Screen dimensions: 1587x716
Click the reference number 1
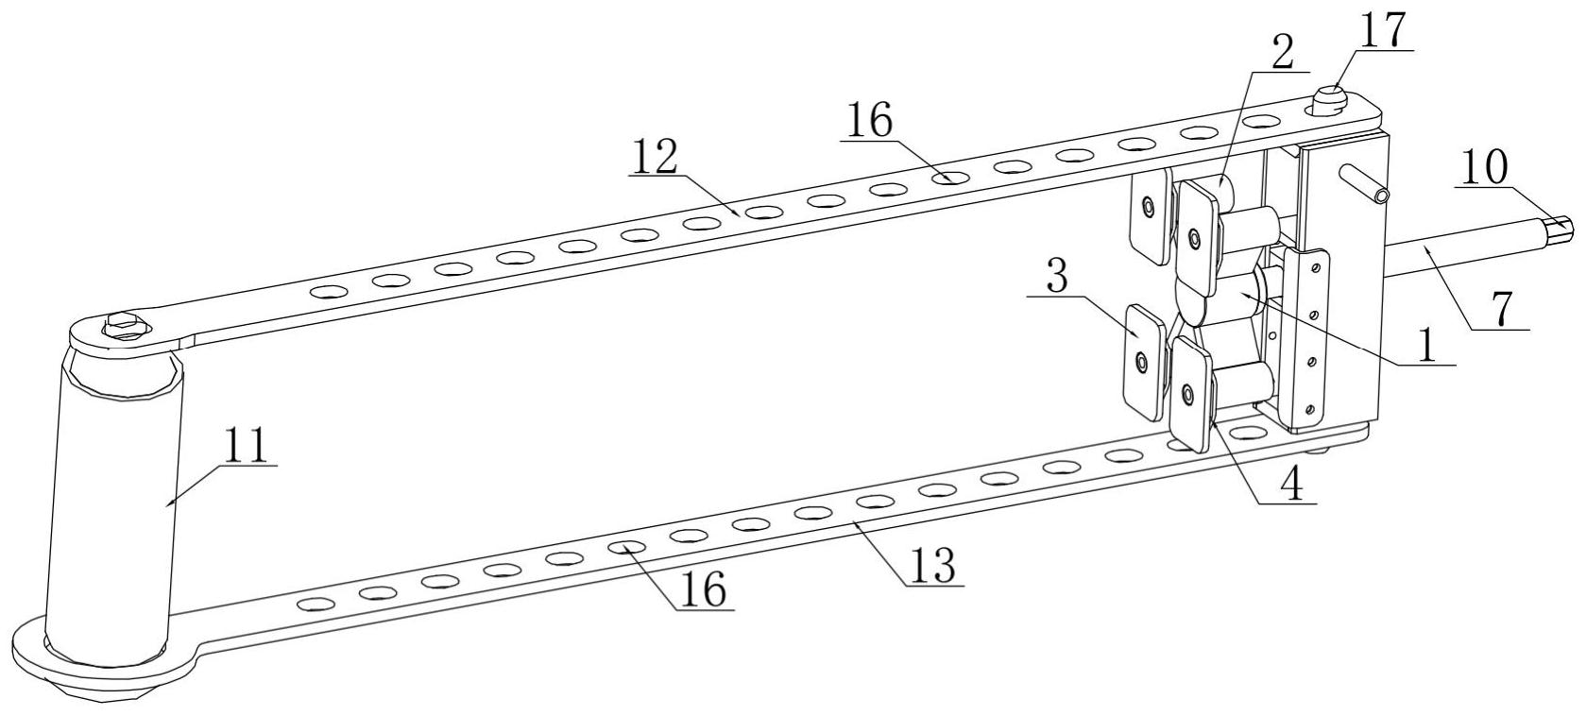1426,346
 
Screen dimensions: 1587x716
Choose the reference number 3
1056,279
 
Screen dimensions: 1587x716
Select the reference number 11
247,446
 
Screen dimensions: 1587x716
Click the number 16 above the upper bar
869,122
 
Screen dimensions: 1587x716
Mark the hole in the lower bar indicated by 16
626,547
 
